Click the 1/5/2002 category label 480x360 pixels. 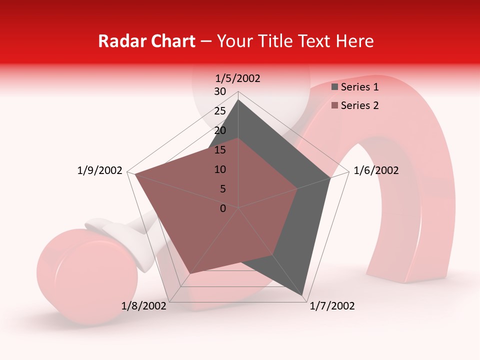[x=237, y=78]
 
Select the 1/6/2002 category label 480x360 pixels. [x=376, y=170]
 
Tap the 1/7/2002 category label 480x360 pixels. [x=332, y=306]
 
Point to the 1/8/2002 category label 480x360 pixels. [x=144, y=306]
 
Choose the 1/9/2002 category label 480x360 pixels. [x=99, y=170]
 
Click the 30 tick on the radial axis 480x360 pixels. [x=220, y=91]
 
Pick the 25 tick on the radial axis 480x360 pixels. [x=220, y=111]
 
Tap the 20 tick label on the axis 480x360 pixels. [x=220, y=130]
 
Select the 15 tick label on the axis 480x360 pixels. [x=220, y=150]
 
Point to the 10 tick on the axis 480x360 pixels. [x=220, y=169]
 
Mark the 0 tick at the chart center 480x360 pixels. [x=223, y=208]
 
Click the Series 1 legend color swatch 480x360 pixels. [x=335, y=87]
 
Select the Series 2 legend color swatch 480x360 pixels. [x=335, y=105]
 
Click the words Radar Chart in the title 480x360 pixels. [x=146, y=41]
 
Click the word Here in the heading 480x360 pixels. [x=354, y=41]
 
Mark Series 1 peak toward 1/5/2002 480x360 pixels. [x=238, y=99]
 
